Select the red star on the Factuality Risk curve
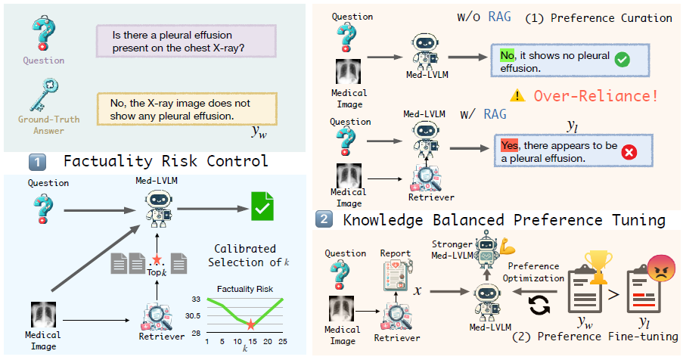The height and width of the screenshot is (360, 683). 250,324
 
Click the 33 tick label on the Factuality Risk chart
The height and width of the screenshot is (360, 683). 197,299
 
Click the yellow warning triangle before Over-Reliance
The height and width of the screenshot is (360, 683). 517,96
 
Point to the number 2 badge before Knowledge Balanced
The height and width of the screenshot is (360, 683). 324,221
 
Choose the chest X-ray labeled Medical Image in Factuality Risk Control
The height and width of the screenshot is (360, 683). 43,315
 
